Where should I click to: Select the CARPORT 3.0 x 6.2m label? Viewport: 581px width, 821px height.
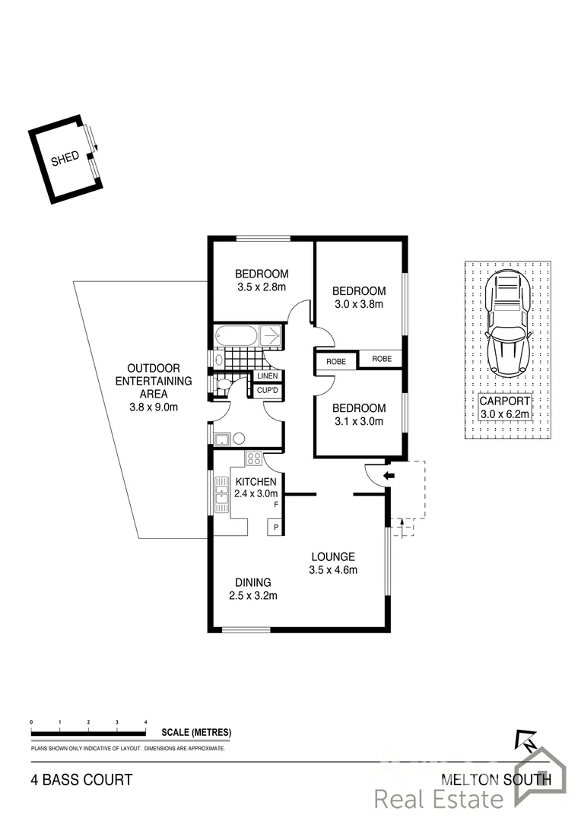tap(505, 407)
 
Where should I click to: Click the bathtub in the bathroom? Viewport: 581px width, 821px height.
tap(237, 335)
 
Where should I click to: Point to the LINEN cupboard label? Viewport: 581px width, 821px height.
tap(268, 376)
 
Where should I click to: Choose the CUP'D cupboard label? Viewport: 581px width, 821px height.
tap(268, 391)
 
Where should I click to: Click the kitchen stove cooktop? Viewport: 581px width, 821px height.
tap(254, 458)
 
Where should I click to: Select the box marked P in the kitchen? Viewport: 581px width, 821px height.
tap(275, 527)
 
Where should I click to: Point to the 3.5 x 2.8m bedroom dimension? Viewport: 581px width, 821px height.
tap(261, 287)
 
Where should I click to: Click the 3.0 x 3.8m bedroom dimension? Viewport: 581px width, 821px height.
tap(358, 304)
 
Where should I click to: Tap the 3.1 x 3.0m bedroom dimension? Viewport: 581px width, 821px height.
tap(358, 420)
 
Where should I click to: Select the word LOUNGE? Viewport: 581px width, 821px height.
tap(332, 556)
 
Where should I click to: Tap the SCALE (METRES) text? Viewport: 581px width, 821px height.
tap(196, 733)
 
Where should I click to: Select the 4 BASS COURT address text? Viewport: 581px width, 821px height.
tap(81, 779)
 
